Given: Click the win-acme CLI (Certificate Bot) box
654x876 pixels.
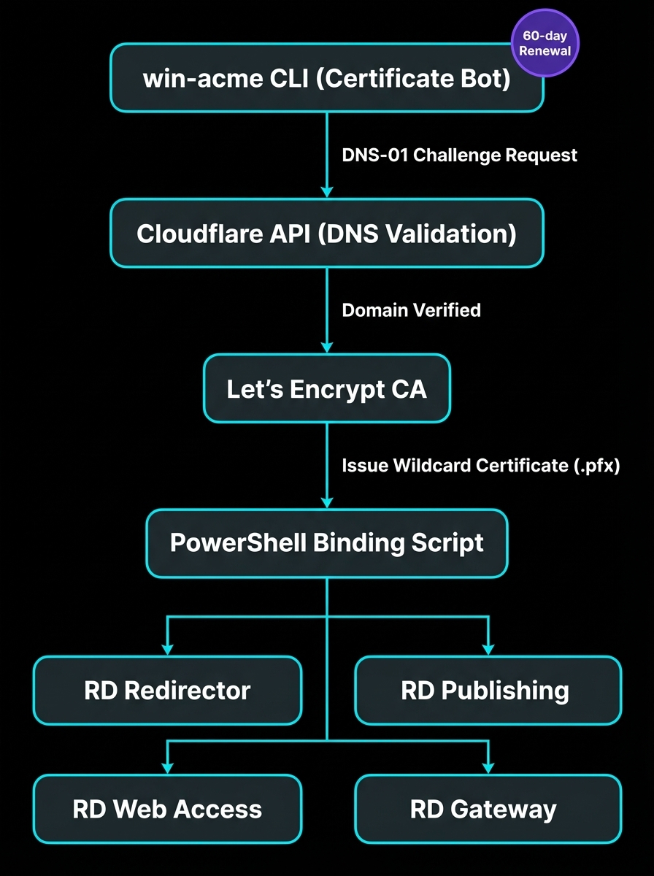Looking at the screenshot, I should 326,78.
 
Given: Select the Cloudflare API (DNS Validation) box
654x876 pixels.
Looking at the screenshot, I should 326,233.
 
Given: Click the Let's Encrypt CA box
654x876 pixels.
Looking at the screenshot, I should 326,388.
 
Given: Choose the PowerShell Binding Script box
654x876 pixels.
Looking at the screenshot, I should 326,543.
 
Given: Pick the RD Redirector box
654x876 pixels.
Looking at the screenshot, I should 167,691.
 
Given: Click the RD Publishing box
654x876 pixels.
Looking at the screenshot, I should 488,691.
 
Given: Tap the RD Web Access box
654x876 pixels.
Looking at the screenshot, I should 167,809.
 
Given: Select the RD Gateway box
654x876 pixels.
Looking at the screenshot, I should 488,809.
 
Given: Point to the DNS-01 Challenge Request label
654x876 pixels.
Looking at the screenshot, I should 459,155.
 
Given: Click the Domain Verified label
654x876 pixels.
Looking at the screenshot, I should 411,310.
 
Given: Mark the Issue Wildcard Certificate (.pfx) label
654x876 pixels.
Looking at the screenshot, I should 480,466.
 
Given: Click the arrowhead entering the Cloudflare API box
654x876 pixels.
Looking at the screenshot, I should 326,191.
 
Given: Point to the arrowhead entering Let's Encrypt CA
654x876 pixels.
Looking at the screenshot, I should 326,347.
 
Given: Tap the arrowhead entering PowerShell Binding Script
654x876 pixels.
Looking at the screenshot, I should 326,502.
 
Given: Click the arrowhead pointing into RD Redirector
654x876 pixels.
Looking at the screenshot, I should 167,649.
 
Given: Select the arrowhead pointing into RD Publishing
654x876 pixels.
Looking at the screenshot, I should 488,649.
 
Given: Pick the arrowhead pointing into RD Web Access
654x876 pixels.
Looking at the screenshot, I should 167,767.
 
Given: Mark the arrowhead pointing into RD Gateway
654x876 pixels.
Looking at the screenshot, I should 488,767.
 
